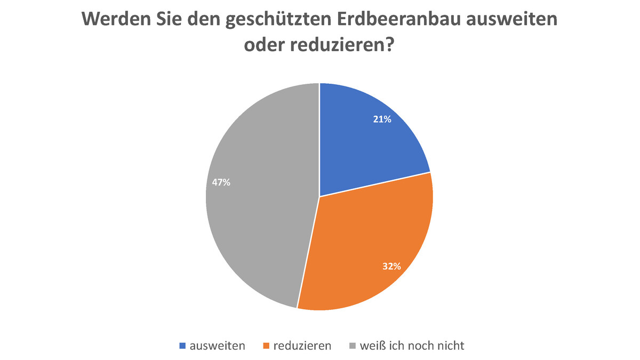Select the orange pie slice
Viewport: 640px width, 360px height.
coord(368,245)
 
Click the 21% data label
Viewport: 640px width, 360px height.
coord(382,120)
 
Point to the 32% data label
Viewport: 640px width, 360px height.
coord(391,266)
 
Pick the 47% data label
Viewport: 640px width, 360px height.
coord(221,182)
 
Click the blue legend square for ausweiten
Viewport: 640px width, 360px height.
coord(182,346)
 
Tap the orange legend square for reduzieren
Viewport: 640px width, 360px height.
coord(265,346)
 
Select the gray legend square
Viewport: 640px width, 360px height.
coord(351,346)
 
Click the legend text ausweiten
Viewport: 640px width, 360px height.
coord(218,346)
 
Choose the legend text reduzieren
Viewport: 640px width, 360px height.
coord(302,346)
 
